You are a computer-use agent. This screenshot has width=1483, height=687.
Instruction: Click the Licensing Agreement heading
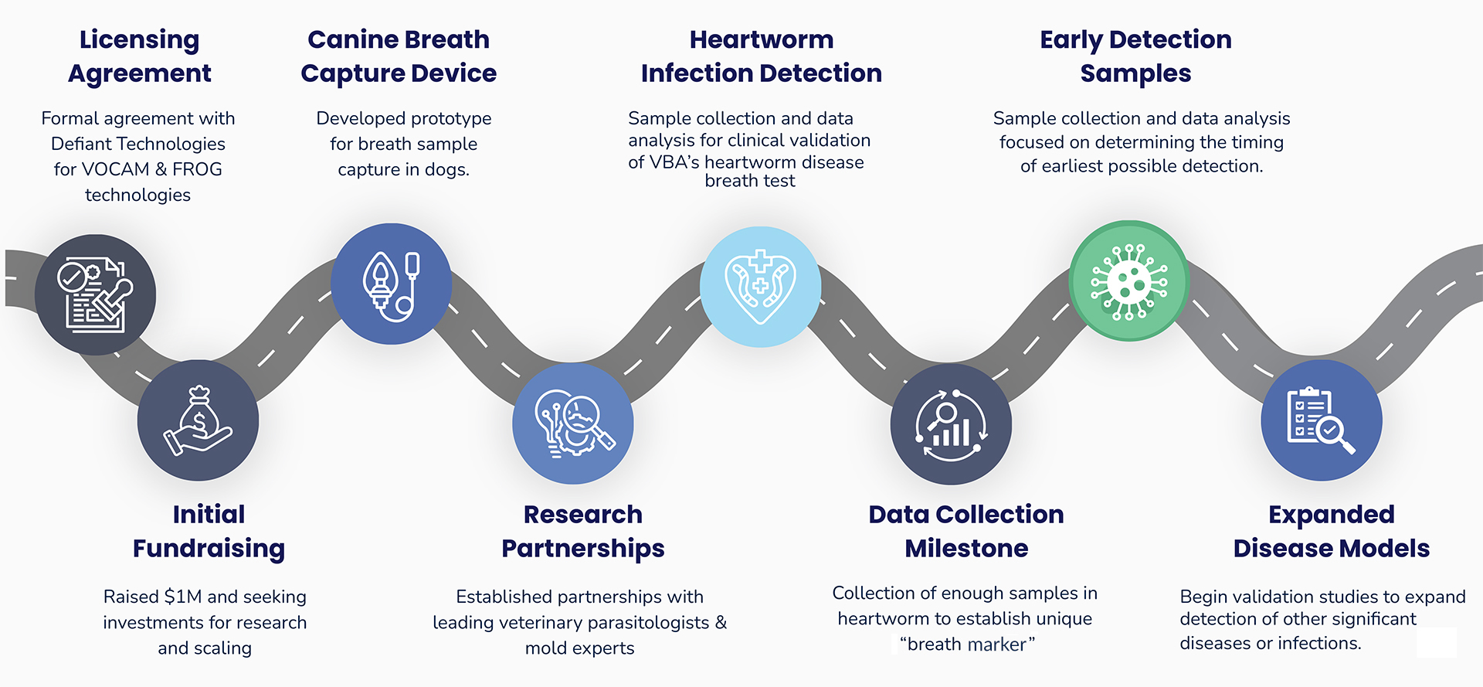(x=139, y=56)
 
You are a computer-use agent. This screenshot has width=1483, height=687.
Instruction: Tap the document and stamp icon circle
(x=95, y=294)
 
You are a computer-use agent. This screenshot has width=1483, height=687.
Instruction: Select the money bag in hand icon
(x=198, y=420)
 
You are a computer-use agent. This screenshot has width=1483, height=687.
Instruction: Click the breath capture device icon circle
(x=391, y=284)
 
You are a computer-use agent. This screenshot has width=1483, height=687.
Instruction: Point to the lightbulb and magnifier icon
(x=572, y=423)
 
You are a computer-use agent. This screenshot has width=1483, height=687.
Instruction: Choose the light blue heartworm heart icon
(x=760, y=287)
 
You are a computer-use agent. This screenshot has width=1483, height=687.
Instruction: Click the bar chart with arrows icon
(x=950, y=424)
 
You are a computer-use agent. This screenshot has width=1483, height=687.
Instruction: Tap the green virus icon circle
(x=1128, y=281)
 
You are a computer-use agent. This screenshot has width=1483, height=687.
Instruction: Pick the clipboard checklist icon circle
(x=1321, y=420)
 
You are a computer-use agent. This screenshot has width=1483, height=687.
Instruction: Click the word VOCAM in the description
(x=115, y=169)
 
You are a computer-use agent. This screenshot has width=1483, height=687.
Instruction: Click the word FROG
(x=197, y=169)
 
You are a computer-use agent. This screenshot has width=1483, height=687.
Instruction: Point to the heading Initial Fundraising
(x=209, y=531)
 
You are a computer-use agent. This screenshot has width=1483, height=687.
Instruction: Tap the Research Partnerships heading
(x=583, y=531)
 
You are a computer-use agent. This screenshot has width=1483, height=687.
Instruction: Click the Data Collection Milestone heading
(x=966, y=531)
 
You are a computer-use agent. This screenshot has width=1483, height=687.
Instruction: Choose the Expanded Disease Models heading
(x=1331, y=531)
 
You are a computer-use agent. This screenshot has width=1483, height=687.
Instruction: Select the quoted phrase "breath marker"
(x=967, y=644)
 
